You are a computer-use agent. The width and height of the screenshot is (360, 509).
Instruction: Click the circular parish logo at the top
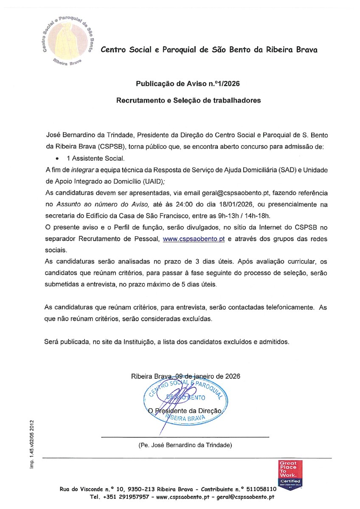tap(67, 42)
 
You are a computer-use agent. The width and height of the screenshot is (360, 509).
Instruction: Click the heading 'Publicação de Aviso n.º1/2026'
tap(188, 84)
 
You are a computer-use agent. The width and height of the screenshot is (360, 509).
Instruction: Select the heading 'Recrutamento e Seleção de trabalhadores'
tap(188, 101)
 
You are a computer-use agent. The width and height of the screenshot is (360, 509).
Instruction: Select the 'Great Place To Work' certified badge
tap(290, 474)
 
